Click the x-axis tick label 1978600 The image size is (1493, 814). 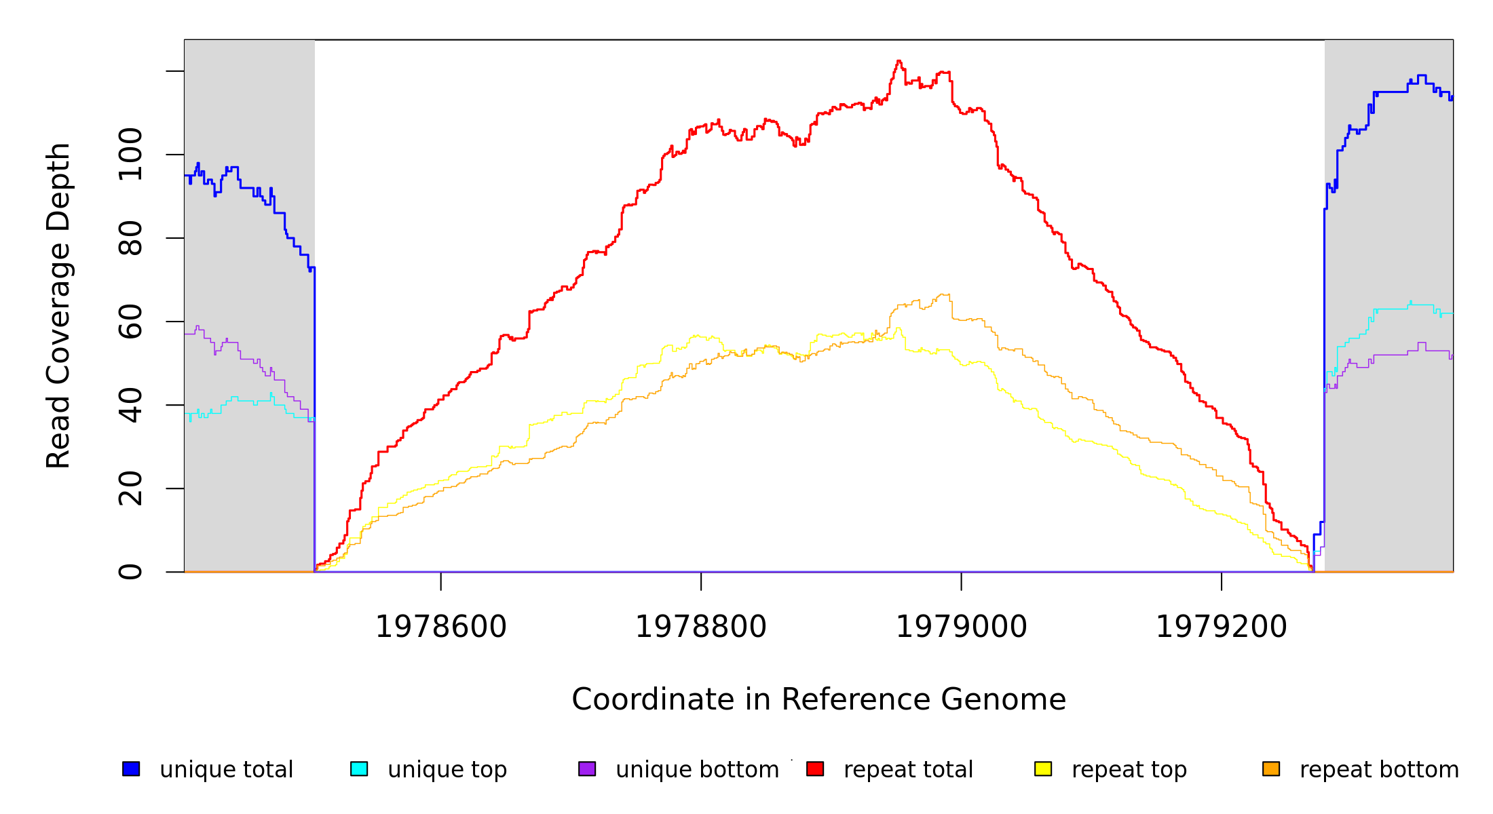(x=441, y=627)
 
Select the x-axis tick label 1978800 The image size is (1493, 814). (x=701, y=627)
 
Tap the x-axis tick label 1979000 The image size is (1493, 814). (x=962, y=627)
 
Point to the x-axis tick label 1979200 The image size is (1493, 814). (x=1222, y=627)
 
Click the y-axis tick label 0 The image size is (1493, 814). (x=130, y=572)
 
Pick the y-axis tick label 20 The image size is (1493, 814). (x=130, y=488)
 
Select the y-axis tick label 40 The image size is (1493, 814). (x=130, y=405)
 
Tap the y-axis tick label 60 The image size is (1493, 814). (x=130, y=322)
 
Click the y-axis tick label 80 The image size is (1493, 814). (x=130, y=238)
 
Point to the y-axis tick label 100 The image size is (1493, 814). (x=130, y=155)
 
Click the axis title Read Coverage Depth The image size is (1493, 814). (x=58, y=305)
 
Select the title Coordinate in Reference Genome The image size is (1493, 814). (x=818, y=699)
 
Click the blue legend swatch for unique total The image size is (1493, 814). (x=131, y=769)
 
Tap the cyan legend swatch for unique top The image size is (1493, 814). (x=359, y=769)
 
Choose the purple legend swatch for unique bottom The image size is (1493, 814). (x=587, y=769)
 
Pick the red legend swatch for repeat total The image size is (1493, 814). (x=815, y=769)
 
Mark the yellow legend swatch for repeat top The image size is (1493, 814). (x=1043, y=769)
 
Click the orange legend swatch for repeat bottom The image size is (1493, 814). (x=1271, y=769)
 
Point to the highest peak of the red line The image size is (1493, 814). (x=899, y=61)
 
